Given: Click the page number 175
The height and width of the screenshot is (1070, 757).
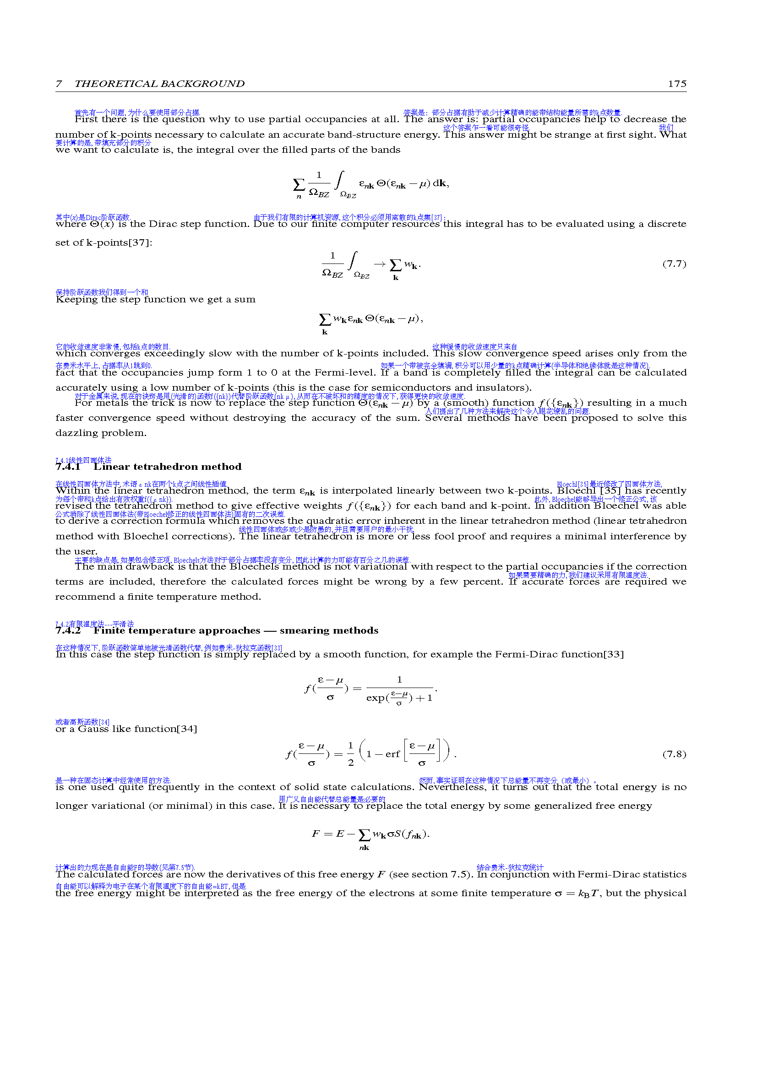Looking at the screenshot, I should (677, 84).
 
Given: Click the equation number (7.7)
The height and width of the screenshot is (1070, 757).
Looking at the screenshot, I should (674, 264).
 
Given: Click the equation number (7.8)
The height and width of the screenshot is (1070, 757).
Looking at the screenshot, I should (674, 754).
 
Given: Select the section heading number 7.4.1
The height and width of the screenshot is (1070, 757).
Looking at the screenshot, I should (68, 467).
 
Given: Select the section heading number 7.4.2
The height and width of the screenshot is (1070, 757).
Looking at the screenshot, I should (68, 630).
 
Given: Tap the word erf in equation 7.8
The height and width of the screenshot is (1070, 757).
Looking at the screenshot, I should (392, 754).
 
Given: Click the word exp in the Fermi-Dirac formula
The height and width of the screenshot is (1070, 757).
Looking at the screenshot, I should (376, 698).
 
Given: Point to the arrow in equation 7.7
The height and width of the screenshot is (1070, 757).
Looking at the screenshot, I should (380, 264).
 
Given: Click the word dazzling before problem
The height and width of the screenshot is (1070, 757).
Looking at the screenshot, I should (76, 433).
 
